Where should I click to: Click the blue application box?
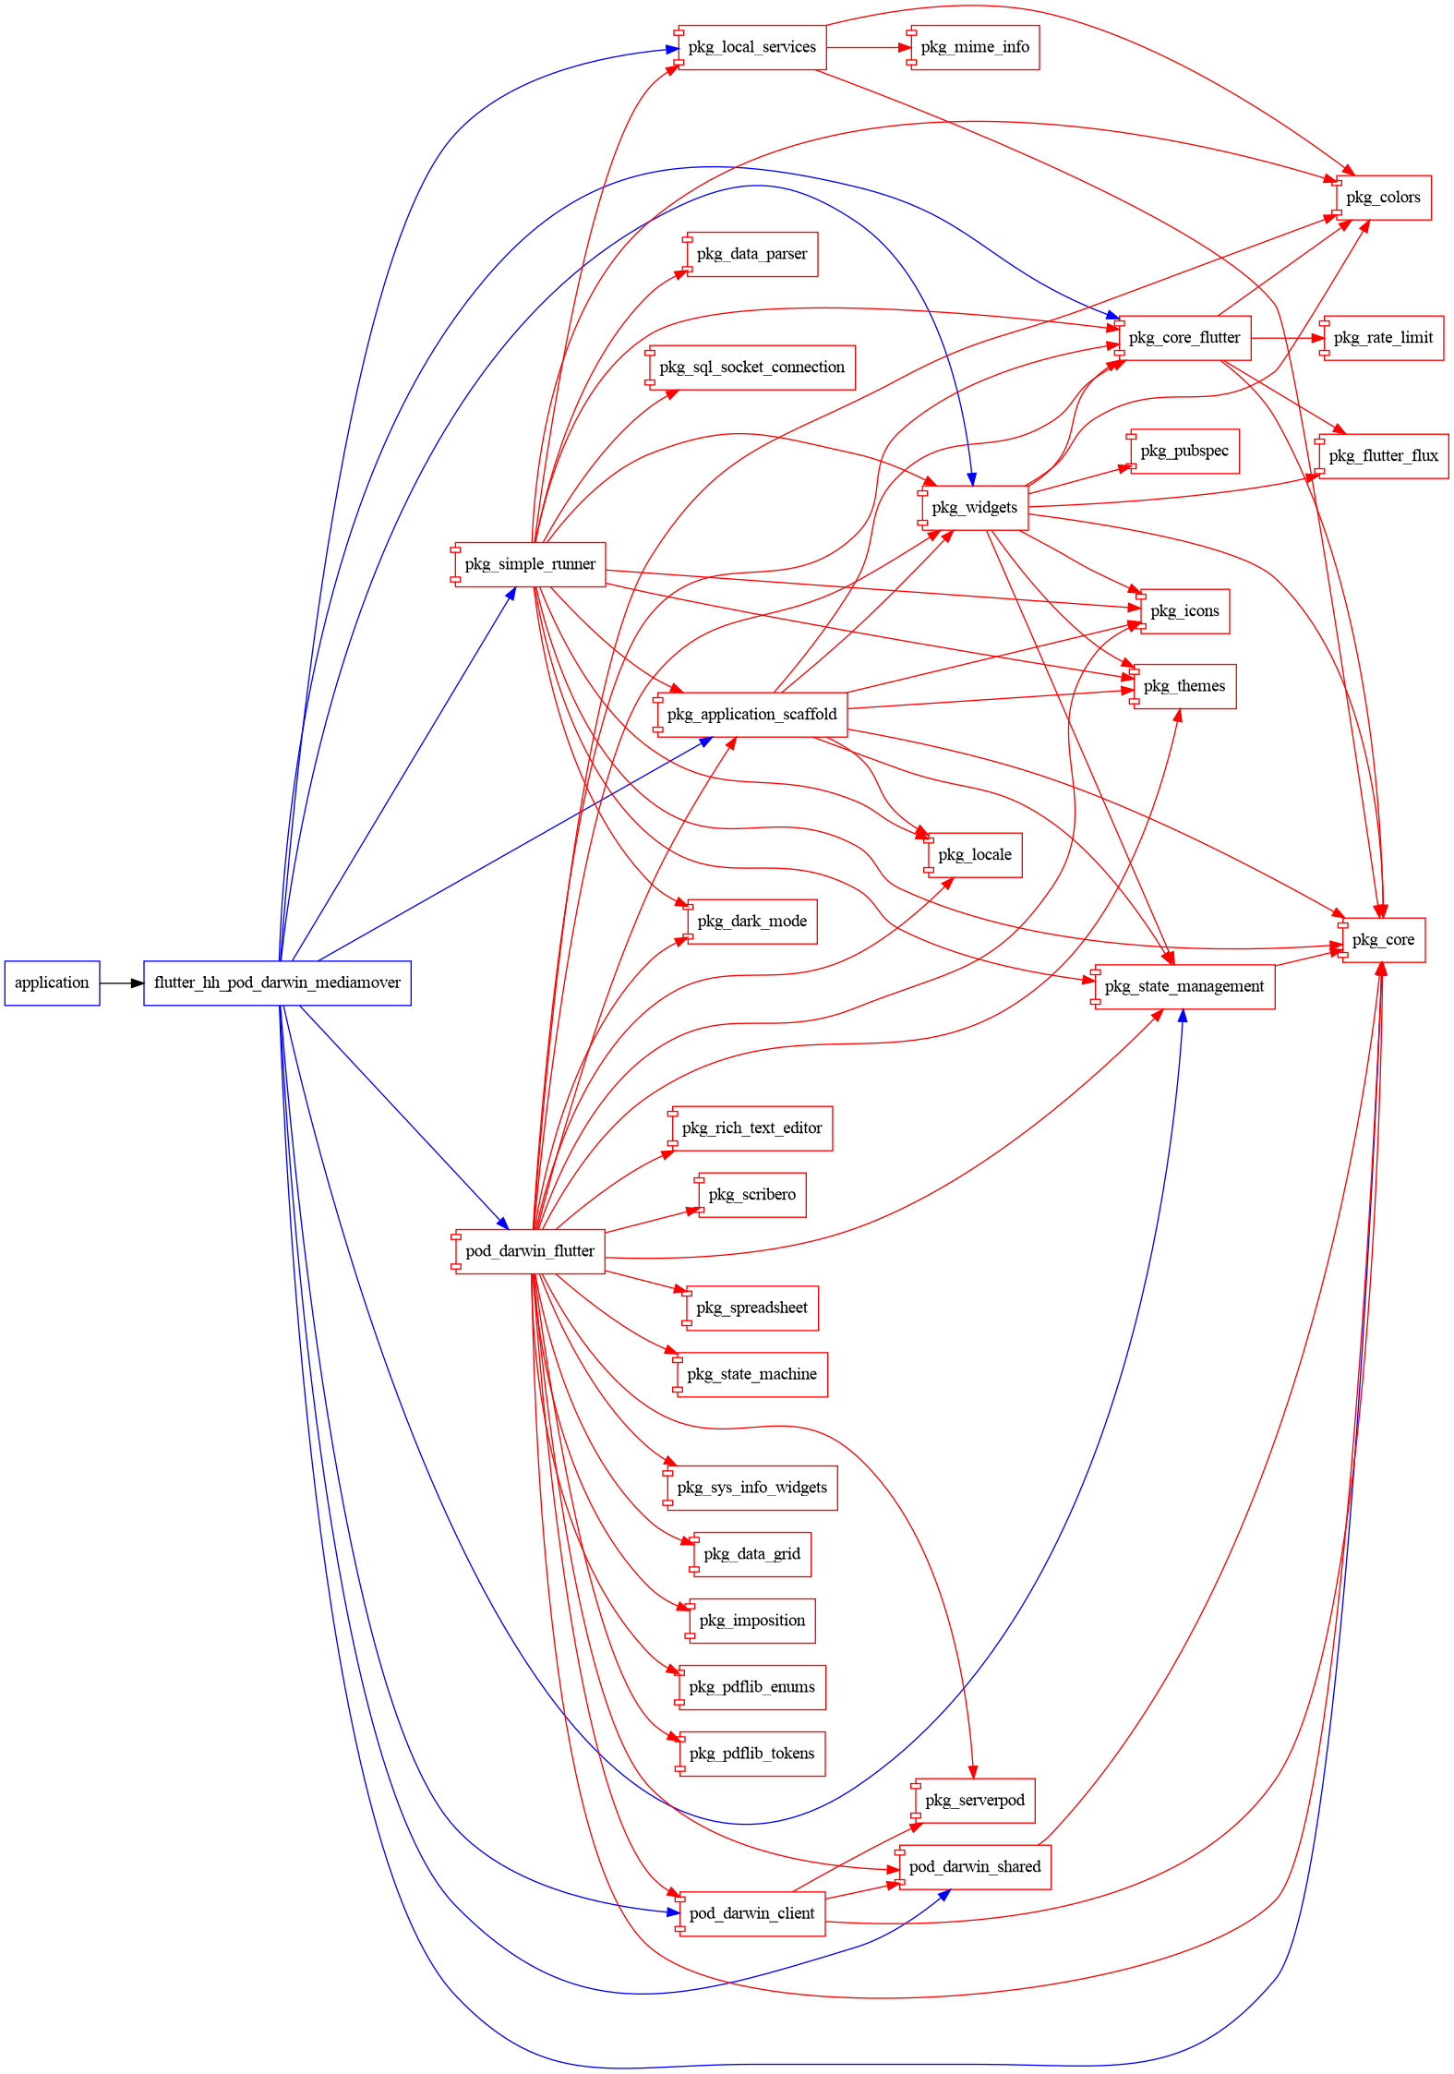tap(52, 983)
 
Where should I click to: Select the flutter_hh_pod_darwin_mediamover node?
tap(277, 983)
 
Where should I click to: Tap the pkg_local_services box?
tap(751, 47)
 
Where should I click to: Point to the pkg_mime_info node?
tap(975, 47)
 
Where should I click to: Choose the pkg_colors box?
tap(1383, 198)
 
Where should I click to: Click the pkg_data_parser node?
tap(751, 254)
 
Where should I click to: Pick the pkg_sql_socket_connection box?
tap(751, 368)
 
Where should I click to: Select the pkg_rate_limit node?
tap(1383, 338)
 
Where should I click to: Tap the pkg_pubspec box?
tap(1184, 452)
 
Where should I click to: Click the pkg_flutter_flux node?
tap(1383, 456)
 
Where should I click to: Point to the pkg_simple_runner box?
tap(530, 564)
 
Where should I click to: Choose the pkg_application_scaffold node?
tap(751, 715)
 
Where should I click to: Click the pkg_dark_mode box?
tap(751, 922)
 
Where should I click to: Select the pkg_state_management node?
tap(1184, 986)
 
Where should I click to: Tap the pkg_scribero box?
tap(751, 1195)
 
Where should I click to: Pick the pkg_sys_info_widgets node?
tap(751, 1488)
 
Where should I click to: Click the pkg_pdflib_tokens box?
tap(751, 1754)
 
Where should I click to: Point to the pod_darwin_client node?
tap(751, 1913)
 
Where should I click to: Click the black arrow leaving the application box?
tap(121, 983)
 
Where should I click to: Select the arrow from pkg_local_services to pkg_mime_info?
tap(868, 47)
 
